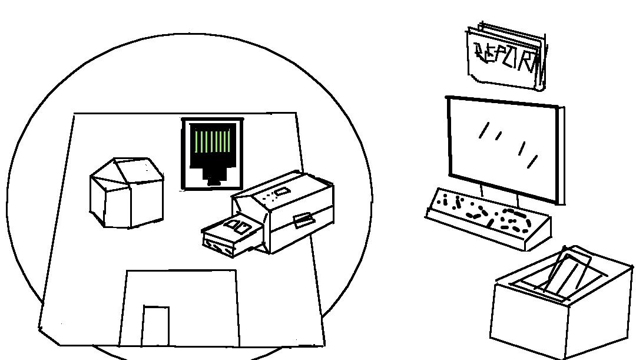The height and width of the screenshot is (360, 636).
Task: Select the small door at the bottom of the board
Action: point(155,325)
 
